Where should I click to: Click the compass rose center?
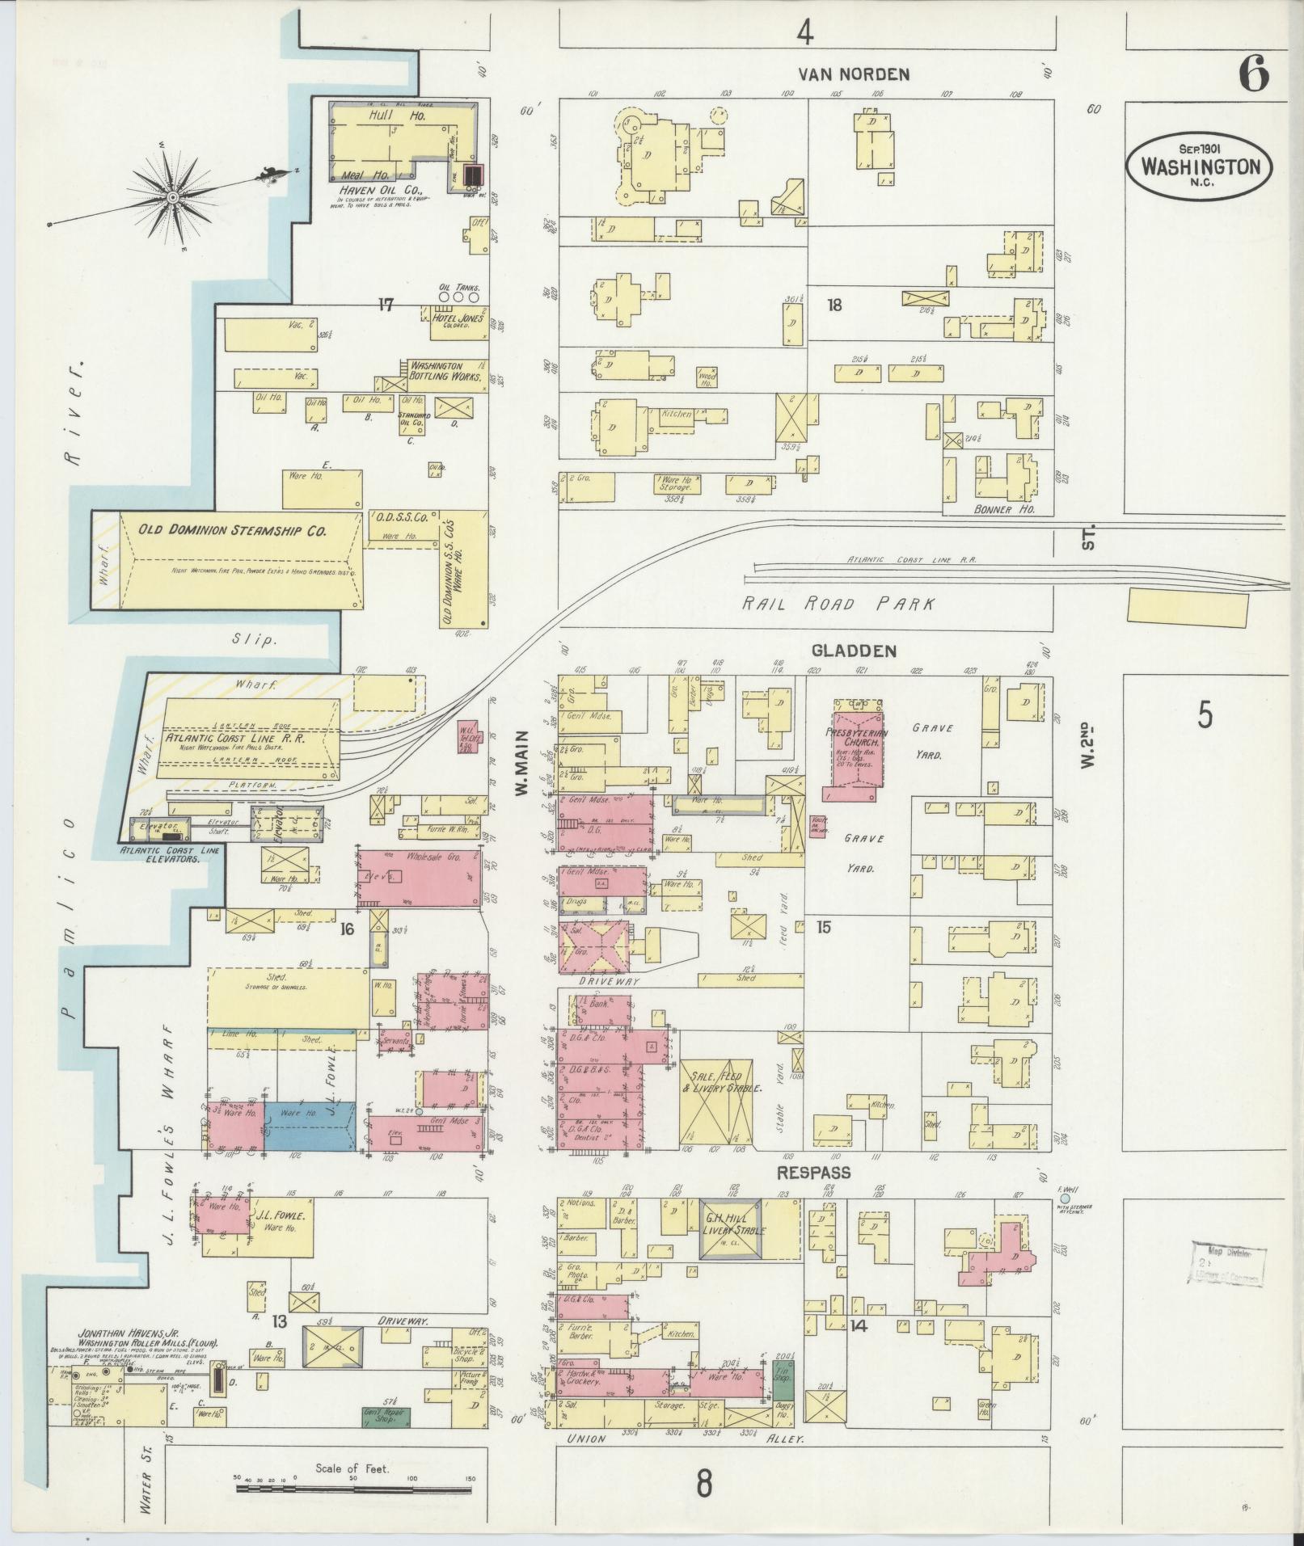pyautogui.click(x=172, y=196)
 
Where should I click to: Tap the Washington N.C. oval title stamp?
pyautogui.click(x=1200, y=167)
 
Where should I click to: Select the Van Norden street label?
pyautogui.click(x=854, y=74)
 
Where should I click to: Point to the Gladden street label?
pyautogui.click(x=843, y=651)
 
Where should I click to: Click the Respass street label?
pyautogui.click(x=814, y=1172)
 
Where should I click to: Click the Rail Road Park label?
pyautogui.click(x=839, y=604)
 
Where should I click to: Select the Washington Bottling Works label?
pyautogui.click(x=445, y=371)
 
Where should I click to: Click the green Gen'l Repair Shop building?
pyautogui.click(x=385, y=1417)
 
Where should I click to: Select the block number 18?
pyautogui.click(x=834, y=305)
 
